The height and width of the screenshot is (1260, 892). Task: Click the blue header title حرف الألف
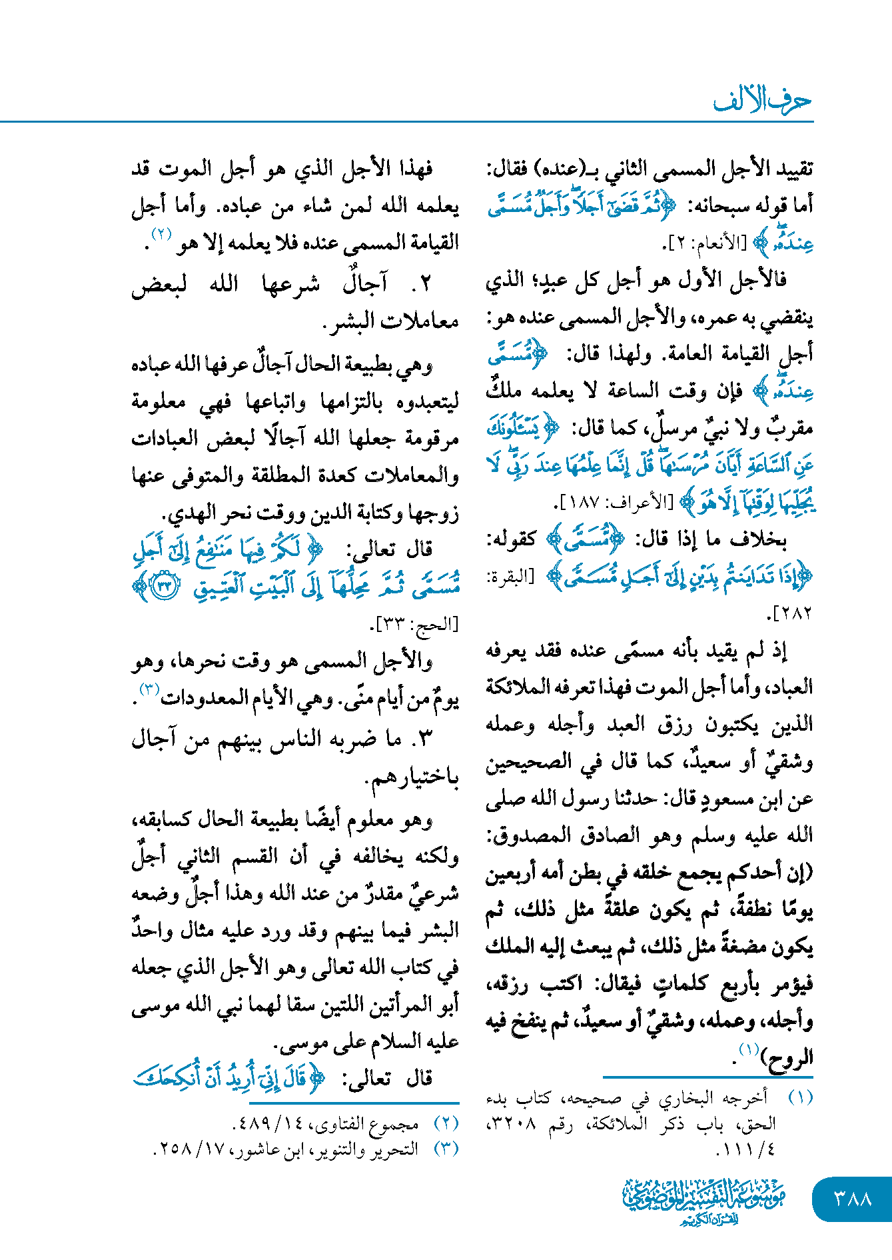point(763,101)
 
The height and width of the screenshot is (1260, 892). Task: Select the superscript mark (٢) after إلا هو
point(162,234)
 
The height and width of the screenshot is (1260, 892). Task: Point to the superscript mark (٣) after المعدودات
point(148,688)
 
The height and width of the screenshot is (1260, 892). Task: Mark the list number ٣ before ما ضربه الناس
point(425,739)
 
